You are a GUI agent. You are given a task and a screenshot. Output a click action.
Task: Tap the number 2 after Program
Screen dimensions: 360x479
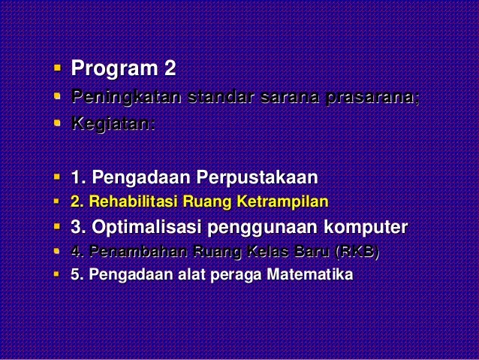(x=170, y=71)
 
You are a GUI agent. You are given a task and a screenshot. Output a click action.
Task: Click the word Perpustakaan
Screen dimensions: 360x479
(x=257, y=178)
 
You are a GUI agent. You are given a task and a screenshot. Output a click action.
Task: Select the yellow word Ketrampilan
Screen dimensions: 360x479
(x=283, y=201)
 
